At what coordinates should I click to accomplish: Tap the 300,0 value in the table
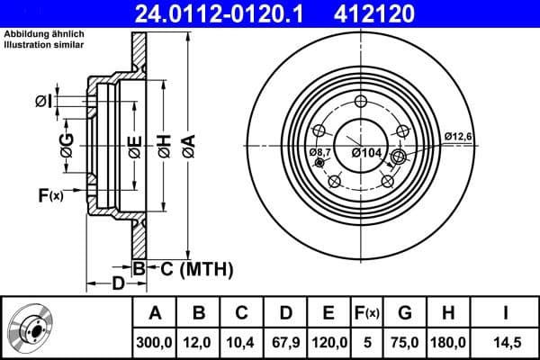pyautogui.click(x=155, y=342)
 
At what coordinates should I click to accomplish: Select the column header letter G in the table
pyautogui.click(x=404, y=313)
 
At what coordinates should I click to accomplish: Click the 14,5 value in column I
pyautogui.click(x=505, y=342)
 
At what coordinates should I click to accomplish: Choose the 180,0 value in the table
pyautogui.click(x=449, y=342)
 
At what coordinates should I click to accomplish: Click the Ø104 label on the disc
pyautogui.click(x=367, y=153)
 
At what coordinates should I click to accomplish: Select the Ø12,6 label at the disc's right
pyautogui.click(x=458, y=137)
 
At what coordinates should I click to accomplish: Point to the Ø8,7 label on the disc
pyautogui.click(x=319, y=153)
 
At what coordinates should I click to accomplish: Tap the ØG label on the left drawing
pyautogui.click(x=67, y=141)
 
